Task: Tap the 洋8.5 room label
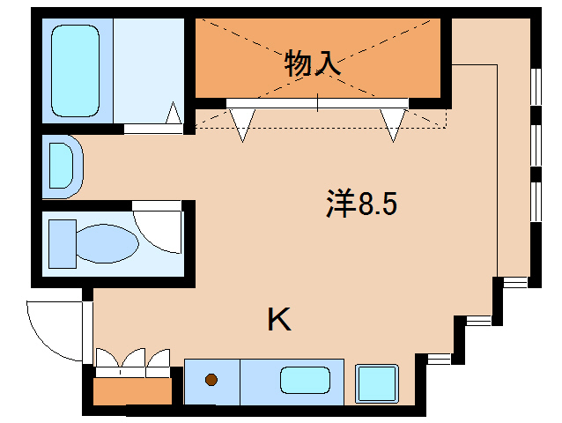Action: pos(362,204)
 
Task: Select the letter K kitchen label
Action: pos(278,320)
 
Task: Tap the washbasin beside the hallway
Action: pos(63,165)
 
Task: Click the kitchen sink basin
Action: pos(305,382)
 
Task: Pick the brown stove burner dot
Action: pos(211,381)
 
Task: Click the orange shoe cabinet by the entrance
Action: pos(133,390)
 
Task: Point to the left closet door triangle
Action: pos(243,124)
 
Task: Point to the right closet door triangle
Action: pos(393,124)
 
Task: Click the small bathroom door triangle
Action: pos(174,115)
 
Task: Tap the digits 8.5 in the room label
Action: pos(378,204)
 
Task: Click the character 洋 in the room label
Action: pos(339,204)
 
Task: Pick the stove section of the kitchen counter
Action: pos(212,382)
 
